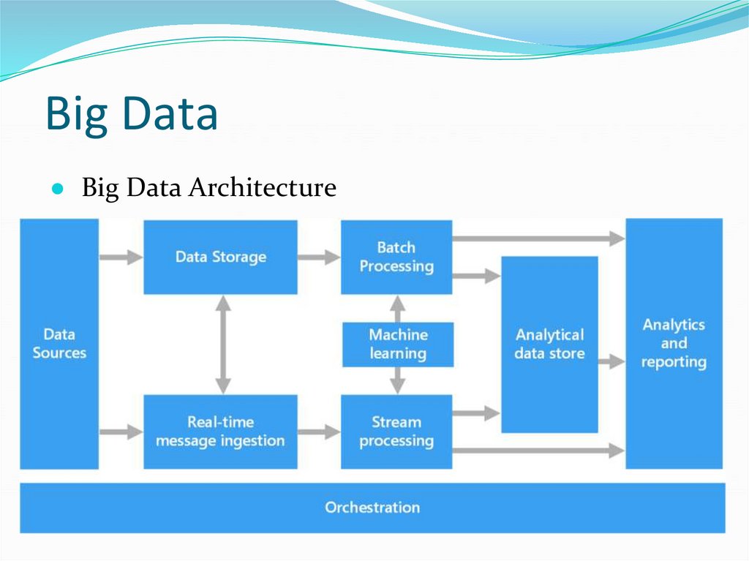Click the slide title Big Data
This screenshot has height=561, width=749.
click(x=132, y=115)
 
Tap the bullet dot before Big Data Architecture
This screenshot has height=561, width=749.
click(x=57, y=189)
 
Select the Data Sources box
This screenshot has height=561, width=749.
click(x=59, y=343)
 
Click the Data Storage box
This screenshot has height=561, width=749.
click(x=220, y=257)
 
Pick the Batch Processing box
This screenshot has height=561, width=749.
click(x=396, y=257)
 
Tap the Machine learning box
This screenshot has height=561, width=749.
click(x=398, y=344)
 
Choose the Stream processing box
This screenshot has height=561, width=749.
click(x=396, y=432)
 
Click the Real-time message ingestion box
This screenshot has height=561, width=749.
click(x=220, y=432)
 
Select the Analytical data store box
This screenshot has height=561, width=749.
click(x=549, y=344)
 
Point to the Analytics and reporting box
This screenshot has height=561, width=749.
click(x=674, y=343)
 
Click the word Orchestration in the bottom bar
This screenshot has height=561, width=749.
click(x=372, y=507)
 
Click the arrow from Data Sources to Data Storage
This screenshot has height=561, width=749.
click(x=121, y=257)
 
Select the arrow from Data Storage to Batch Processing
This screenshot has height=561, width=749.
click(x=319, y=257)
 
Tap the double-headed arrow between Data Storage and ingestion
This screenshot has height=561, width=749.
click(x=223, y=344)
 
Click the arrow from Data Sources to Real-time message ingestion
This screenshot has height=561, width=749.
click(x=121, y=432)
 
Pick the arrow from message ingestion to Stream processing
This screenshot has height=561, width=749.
click(x=319, y=432)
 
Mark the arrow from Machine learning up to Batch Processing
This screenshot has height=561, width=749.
click(x=397, y=307)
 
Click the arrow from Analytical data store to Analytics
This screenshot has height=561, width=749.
click(x=611, y=361)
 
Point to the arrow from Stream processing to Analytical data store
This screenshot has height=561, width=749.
click(x=476, y=413)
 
